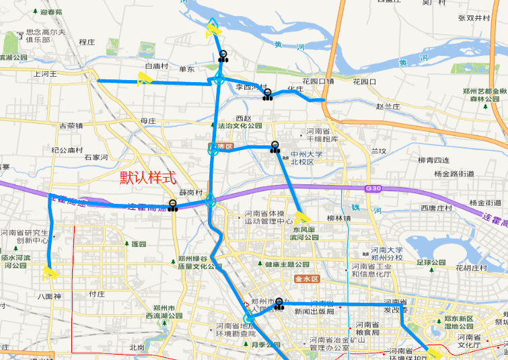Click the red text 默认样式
[x=147, y=178]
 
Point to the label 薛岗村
[x=190, y=192]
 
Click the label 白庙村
[x=156, y=66]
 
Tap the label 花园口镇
[x=318, y=81]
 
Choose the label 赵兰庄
[x=388, y=106]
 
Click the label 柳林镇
[x=338, y=218]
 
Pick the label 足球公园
[x=431, y=262]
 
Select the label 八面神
[x=49, y=295]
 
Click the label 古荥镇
[x=71, y=125]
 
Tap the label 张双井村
[x=473, y=18]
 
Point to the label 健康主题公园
[x=287, y=264]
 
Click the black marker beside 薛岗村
[x=173, y=205]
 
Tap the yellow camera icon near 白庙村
[x=143, y=79]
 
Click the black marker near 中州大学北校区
[x=275, y=147]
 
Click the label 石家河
[x=97, y=157]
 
